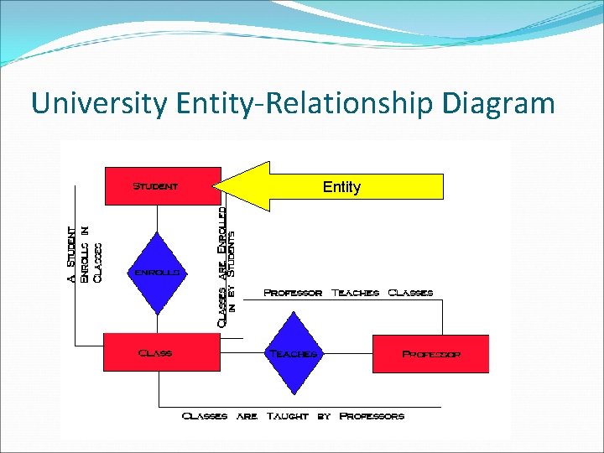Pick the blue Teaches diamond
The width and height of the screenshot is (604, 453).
tap(293, 353)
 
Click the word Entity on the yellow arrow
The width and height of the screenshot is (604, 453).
tap(341, 187)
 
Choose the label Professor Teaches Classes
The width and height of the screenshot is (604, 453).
tap(348, 293)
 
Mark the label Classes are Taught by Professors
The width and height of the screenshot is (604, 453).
tap(293, 415)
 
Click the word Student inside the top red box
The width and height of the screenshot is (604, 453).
tap(155, 185)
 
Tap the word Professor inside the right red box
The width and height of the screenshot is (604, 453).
tap(431, 354)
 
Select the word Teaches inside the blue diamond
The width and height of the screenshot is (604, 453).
tap(293, 353)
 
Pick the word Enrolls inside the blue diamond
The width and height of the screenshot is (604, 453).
tap(156, 273)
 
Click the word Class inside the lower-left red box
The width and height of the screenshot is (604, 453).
tap(155, 353)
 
